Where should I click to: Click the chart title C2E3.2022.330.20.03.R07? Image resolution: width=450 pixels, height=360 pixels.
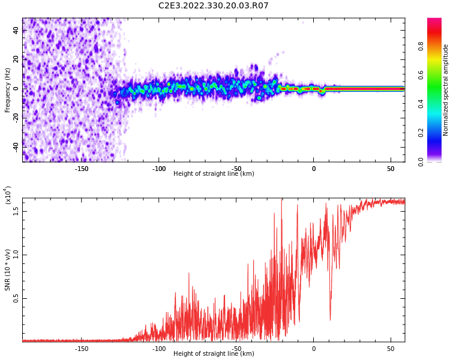[214, 6]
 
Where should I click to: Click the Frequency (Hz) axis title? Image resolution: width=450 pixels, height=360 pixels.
[8, 90]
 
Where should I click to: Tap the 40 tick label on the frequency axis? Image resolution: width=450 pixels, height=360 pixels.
[16, 29]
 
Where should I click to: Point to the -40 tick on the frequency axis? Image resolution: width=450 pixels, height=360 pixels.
[16, 146]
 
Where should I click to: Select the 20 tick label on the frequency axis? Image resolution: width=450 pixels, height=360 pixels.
[16, 59]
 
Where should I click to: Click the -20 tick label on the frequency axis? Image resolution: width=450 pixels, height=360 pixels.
[16, 117]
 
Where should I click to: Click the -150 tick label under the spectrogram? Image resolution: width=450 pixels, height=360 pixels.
[82, 169]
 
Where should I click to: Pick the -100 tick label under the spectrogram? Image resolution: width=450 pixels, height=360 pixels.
[159, 169]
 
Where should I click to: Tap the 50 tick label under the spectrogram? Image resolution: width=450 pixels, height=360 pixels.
[391, 169]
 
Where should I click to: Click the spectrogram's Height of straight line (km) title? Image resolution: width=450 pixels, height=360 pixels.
[214, 174]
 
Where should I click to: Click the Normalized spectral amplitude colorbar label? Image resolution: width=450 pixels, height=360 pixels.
[446, 90]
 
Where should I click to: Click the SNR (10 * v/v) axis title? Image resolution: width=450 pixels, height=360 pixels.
[8, 269]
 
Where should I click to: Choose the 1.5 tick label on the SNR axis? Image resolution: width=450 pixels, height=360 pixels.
[16, 211]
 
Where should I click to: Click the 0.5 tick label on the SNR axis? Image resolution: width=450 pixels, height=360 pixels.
[16, 298]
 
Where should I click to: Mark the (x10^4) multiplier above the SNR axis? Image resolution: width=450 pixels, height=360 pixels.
[8, 195]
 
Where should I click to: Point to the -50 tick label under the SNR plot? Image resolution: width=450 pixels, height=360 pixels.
[236, 349]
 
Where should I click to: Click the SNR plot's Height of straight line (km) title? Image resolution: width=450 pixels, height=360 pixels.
[214, 354]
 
